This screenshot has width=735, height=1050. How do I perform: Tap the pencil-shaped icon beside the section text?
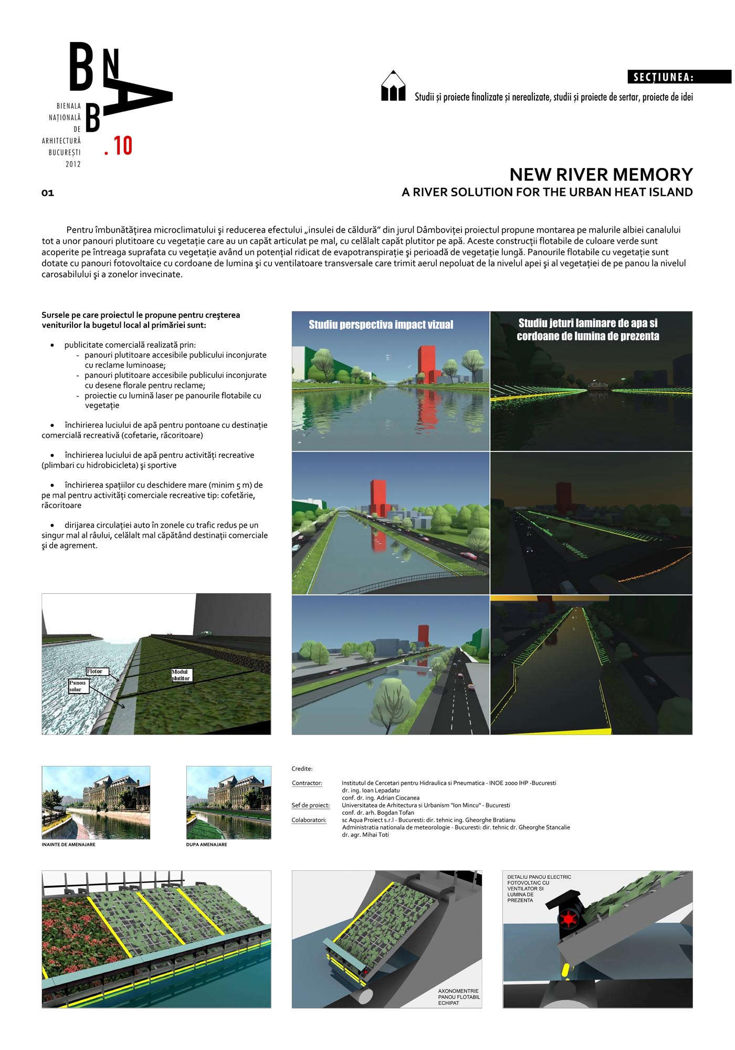(393, 86)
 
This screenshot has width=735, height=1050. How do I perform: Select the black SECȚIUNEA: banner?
(679, 77)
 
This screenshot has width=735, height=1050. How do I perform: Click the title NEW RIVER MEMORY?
(601, 174)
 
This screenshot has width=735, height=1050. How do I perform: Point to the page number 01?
(48, 193)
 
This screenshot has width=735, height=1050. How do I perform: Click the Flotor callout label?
(97, 671)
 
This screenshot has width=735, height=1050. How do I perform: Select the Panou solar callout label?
(78, 686)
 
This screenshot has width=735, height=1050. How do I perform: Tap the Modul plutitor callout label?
(181, 675)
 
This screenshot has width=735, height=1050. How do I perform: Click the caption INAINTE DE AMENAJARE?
(69, 845)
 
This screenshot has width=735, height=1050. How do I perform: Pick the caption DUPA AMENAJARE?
(207, 845)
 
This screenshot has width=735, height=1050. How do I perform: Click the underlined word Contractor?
(307, 783)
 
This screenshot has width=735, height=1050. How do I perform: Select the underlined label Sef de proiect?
(311, 805)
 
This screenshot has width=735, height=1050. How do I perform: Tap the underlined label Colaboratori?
(309, 820)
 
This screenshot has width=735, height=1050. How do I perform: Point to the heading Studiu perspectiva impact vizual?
(381, 325)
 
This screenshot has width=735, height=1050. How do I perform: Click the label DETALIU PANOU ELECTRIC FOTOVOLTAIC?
(539, 880)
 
